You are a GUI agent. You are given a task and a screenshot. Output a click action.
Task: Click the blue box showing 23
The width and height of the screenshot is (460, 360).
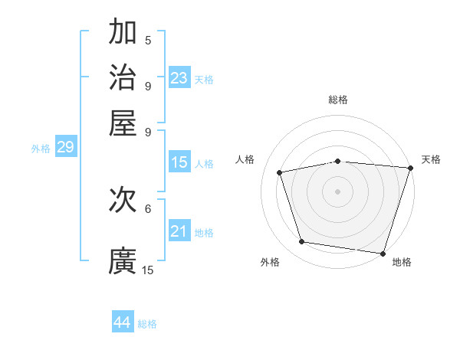point(179,78)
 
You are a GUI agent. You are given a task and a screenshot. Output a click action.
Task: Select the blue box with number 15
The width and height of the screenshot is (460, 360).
point(179,162)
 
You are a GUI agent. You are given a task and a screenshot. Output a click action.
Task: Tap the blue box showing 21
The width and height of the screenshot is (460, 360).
point(179,231)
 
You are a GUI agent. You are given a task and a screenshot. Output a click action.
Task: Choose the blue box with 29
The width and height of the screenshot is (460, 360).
point(65,147)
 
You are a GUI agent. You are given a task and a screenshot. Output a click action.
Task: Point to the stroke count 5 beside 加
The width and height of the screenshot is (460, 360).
point(148,41)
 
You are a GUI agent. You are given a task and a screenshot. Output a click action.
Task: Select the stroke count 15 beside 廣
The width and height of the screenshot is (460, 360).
point(148,270)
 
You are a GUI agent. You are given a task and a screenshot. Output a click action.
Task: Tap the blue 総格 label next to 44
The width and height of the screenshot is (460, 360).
point(147,324)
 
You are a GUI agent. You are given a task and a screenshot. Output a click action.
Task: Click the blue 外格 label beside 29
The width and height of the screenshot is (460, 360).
point(41,149)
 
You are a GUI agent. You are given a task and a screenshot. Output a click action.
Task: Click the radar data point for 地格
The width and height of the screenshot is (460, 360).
point(382,253)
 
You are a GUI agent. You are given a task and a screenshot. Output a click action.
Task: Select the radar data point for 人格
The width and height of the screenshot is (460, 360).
point(280,172)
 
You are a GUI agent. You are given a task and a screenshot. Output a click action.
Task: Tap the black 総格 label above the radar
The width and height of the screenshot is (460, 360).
point(338,100)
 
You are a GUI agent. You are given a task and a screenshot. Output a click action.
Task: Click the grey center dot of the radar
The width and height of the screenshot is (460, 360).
point(338,191)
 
